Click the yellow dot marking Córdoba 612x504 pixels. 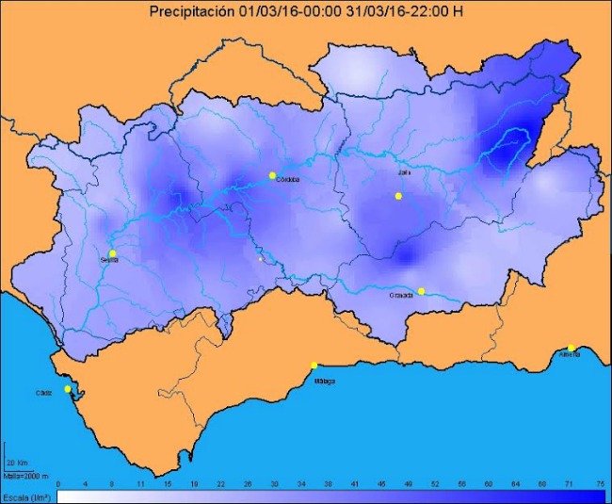[272, 175]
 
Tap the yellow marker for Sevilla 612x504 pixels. [113, 253]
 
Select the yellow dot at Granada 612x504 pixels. [422, 291]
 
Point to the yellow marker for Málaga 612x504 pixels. [314, 366]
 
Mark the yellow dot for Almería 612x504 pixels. [571, 348]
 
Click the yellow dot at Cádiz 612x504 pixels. [67, 389]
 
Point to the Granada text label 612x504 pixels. [403, 296]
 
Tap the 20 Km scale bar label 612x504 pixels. [16, 463]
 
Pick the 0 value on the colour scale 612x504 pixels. [58, 483]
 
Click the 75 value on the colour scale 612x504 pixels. [600, 483]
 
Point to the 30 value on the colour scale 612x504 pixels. [274, 483]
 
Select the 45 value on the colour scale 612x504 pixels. [381, 483]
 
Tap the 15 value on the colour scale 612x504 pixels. [167, 483]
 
